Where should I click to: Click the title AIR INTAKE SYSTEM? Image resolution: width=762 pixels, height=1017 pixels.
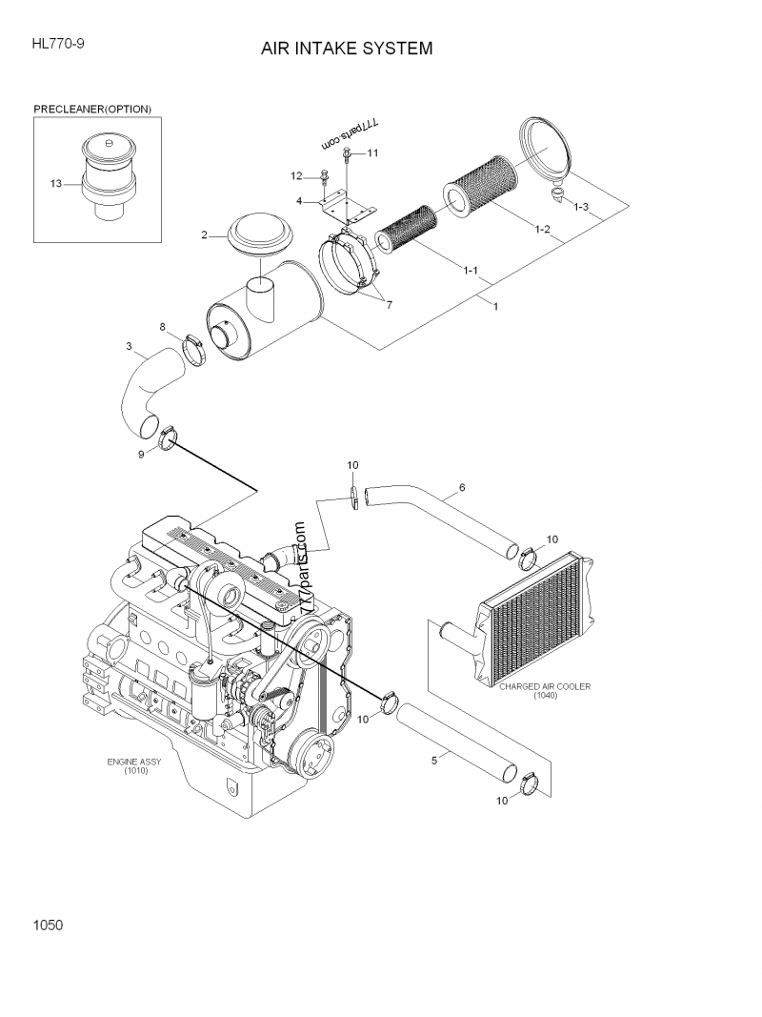click(347, 48)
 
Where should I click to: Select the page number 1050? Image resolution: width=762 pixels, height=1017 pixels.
click(48, 924)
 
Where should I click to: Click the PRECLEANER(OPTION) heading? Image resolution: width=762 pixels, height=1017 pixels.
click(92, 110)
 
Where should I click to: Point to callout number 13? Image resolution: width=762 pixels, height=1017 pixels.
click(56, 182)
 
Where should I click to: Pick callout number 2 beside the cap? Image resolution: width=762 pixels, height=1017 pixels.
click(204, 234)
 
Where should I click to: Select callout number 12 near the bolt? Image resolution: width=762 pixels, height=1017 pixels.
click(296, 175)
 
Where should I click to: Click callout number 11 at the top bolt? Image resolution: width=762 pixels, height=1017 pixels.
click(372, 153)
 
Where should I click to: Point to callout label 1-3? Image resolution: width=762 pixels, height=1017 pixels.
click(580, 207)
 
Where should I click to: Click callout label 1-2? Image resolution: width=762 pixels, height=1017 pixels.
click(542, 229)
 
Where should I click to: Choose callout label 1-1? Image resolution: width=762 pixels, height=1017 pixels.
click(471, 271)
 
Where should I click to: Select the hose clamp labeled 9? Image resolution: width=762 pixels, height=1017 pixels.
click(169, 437)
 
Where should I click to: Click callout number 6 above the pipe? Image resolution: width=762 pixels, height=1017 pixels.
click(462, 487)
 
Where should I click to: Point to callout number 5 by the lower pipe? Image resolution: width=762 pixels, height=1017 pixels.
click(434, 760)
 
